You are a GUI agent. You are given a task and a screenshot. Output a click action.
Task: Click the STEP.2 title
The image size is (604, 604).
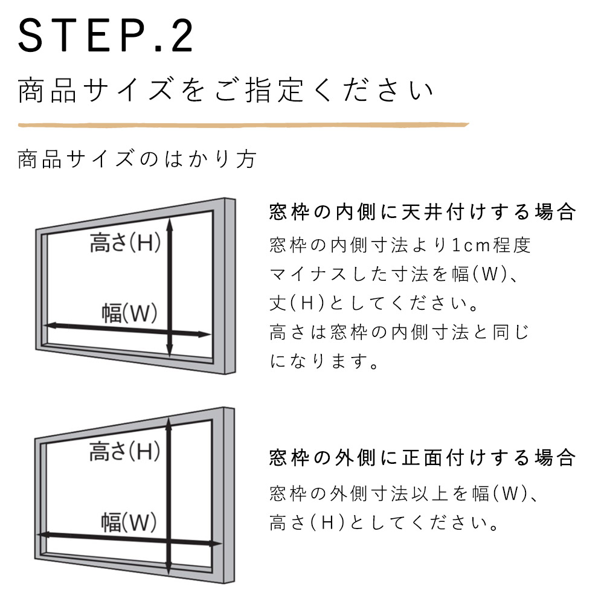point(105,36)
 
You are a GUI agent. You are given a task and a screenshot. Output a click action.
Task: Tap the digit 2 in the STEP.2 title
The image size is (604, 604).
point(182,36)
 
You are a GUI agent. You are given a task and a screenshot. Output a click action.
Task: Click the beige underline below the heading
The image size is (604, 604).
point(243,125)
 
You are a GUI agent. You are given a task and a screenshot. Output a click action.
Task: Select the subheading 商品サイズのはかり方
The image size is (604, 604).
point(137,159)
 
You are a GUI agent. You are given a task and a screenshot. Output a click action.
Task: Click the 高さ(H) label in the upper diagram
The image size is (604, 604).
point(125,243)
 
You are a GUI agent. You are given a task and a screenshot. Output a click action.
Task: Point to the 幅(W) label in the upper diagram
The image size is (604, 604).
point(129,313)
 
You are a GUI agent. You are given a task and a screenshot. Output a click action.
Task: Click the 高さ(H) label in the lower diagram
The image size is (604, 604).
point(125,451)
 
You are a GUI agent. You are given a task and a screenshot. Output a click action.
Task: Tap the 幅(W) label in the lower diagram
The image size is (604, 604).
point(129,522)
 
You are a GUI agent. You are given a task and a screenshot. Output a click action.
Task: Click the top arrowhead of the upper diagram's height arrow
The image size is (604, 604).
point(170,223)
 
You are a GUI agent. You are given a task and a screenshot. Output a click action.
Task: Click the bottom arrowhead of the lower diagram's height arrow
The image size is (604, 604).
point(169,568)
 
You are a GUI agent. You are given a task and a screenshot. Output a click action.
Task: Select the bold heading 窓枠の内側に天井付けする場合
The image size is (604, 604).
point(423,212)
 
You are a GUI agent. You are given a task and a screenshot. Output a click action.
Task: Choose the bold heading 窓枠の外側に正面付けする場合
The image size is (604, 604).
point(423,458)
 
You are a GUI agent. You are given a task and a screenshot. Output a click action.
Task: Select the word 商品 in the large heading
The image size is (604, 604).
point(47,90)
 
